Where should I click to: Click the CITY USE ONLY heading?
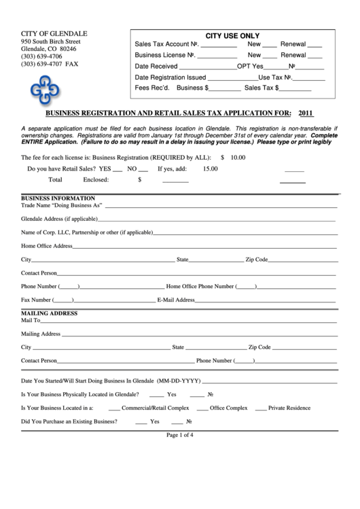click(232, 36)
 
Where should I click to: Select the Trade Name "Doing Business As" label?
click(61, 204)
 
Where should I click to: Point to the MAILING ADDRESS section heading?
click(49, 313)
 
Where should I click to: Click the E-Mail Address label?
click(176, 300)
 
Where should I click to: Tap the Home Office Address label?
click(46, 245)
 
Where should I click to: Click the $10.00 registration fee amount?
click(233, 157)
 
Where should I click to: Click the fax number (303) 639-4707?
click(50, 64)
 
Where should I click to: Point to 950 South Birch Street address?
click(51, 41)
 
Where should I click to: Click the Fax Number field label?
click(36, 300)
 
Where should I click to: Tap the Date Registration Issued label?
click(170, 77)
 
